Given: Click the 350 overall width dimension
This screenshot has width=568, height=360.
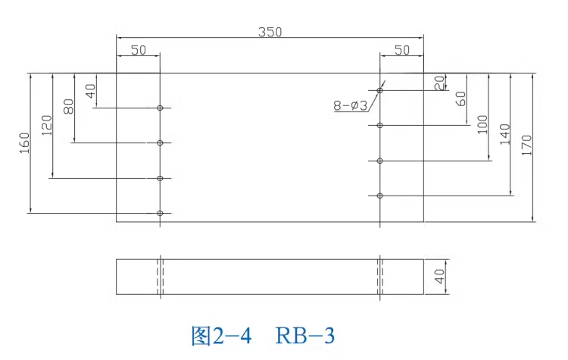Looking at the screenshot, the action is pos(270,32).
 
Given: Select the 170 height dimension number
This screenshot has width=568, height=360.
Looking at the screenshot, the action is pos(526,145).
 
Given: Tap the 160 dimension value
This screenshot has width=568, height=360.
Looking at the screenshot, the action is pos(24,142).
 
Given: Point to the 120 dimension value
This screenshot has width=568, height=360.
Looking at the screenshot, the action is pos(47,125).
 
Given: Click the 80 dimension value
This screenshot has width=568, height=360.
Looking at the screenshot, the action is pos(68,106).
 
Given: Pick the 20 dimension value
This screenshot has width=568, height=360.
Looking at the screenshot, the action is pos(439,83).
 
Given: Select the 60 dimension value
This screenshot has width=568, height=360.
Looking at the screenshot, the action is pos(460,99).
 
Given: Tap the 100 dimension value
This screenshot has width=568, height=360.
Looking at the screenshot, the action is pos(482,124).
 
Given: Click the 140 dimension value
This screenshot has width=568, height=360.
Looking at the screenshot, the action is pos(504,134).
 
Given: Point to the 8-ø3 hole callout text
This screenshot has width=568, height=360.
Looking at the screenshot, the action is pos(351,105).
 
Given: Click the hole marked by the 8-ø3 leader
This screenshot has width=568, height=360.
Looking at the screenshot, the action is pos(379,90).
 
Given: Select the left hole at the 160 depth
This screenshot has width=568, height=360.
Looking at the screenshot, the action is pos(160,213).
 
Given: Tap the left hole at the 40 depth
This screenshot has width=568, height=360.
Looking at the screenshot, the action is pos(160,108).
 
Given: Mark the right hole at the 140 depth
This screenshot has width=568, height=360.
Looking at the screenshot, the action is pos(379,196).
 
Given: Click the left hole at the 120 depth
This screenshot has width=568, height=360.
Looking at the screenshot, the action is pos(160,178).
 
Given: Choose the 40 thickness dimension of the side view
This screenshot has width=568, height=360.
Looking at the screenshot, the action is pos(439,277).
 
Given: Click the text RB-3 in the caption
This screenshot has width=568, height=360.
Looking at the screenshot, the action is pos(305,336).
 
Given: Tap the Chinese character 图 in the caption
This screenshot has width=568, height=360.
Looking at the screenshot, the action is pos(201,336).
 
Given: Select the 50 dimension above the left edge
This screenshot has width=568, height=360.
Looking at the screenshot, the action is pos(139,50).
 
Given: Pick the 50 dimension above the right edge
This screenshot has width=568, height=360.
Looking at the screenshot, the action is pos(402,50).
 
